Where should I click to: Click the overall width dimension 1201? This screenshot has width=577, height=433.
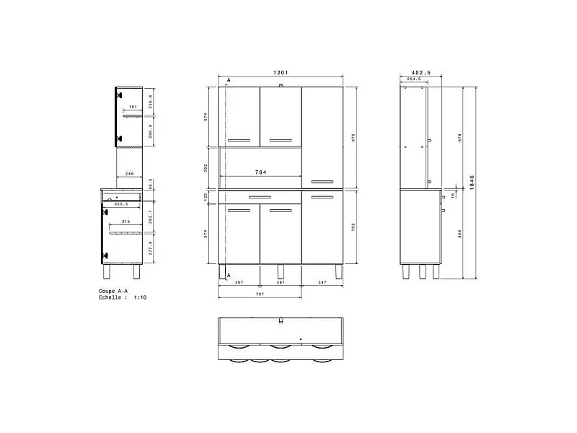[x=281, y=73]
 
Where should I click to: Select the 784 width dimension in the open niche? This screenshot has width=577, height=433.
[x=263, y=172]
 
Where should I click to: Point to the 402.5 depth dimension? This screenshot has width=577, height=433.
[x=420, y=73]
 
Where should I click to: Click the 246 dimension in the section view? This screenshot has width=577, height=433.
[x=128, y=174]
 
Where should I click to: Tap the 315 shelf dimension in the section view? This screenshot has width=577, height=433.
[x=125, y=222]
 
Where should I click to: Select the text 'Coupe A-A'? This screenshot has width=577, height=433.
[x=114, y=291]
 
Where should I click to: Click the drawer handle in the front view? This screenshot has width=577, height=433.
[x=260, y=196]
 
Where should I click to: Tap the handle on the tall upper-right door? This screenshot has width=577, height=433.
[x=322, y=180]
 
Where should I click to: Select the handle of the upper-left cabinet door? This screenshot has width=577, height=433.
[x=239, y=139]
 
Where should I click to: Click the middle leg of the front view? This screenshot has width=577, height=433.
[x=280, y=273]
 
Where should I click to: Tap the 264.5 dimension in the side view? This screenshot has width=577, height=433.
[x=414, y=79]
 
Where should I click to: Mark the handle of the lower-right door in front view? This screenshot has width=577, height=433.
[x=322, y=196]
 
